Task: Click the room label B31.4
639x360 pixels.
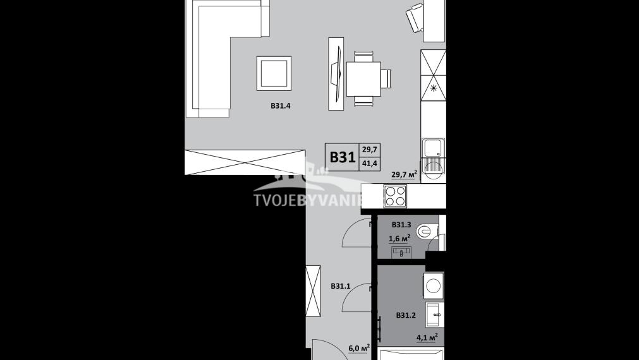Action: coord(280,106)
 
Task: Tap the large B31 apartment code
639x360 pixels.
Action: coord(342,157)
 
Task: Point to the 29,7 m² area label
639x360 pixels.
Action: coord(404,175)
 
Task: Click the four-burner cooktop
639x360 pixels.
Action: coord(395,196)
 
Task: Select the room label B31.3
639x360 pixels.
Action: coord(401,225)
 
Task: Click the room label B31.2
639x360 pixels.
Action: coord(406,315)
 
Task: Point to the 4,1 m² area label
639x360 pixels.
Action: coord(427,337)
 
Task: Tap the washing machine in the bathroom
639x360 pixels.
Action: coord(433,285)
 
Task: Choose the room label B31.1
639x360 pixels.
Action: coord(341,286)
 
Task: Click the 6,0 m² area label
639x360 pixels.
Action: coord(358,347)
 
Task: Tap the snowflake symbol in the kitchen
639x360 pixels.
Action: coord(434,88)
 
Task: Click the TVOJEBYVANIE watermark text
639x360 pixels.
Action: coord(308,201)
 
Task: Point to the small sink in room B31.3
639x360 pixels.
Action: coord(401,252)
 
